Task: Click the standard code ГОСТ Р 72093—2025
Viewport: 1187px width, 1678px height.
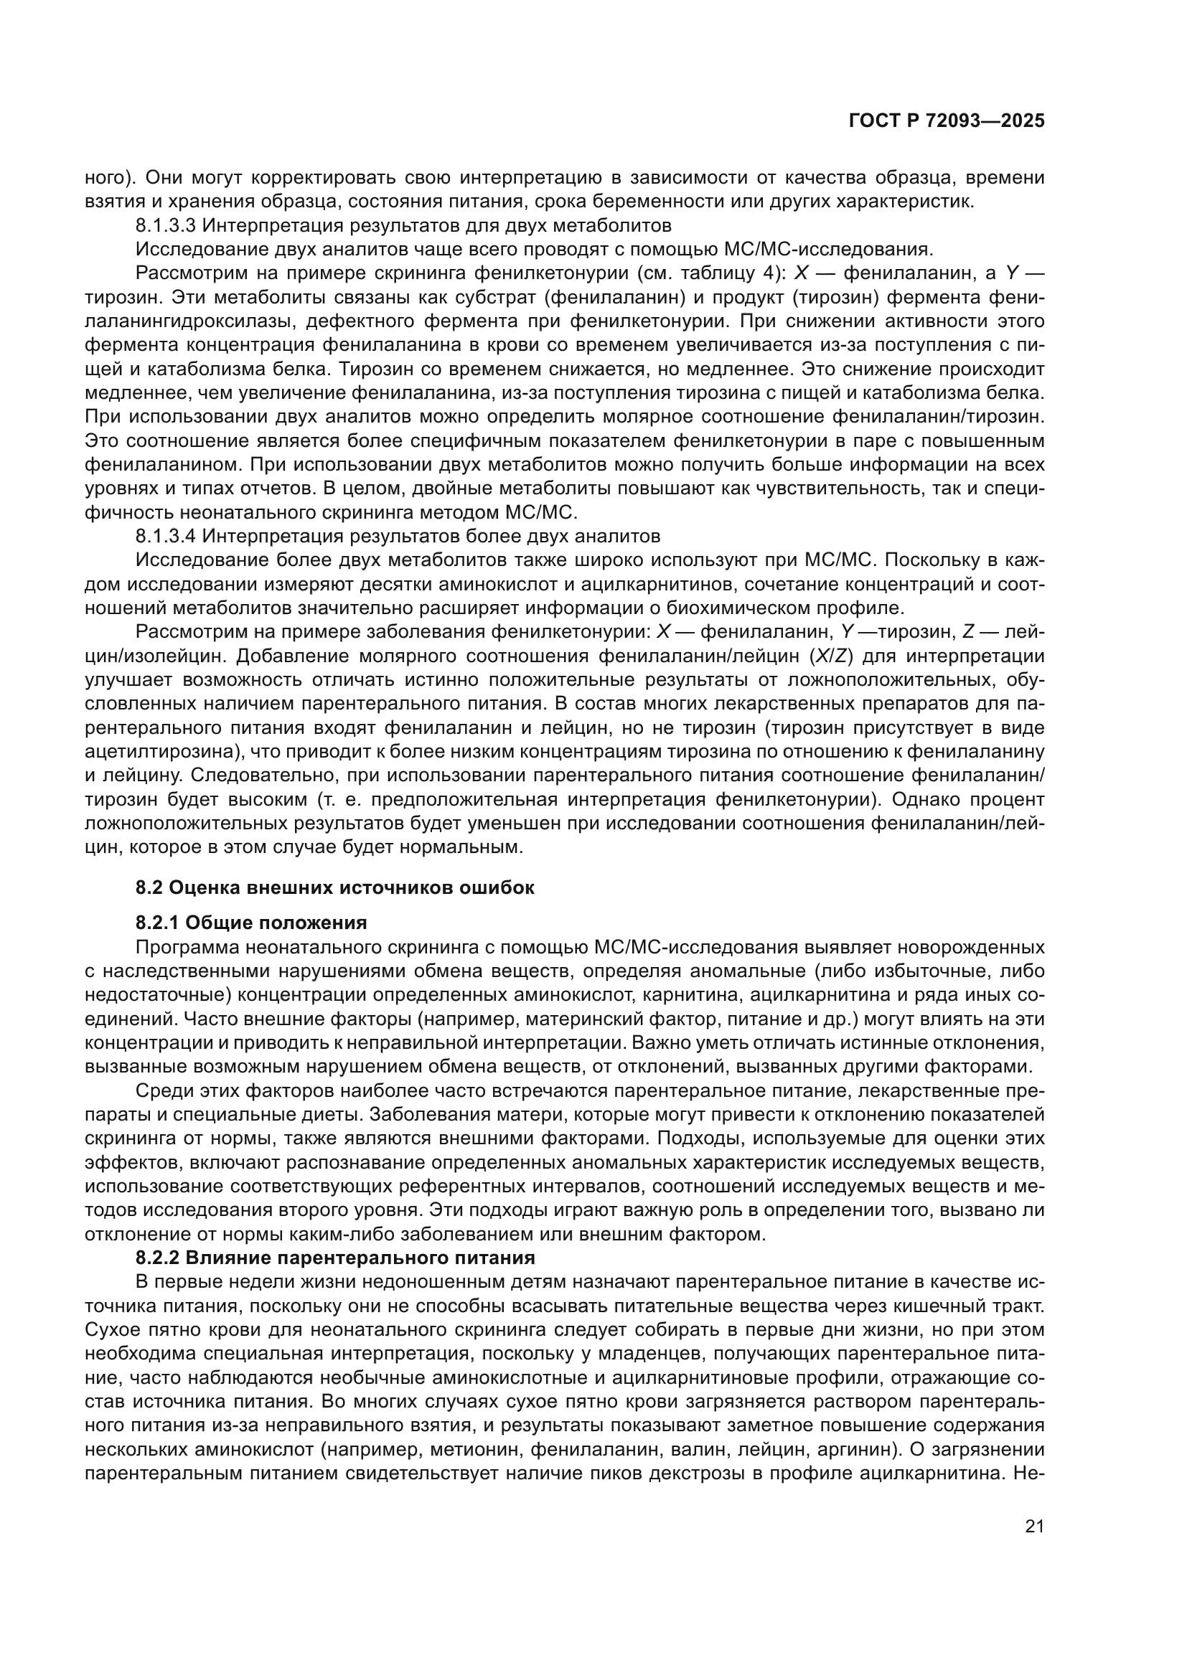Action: pyautogui.click(x=947, y=121)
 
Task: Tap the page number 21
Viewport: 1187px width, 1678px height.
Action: pyautogui.click(x=1034, y=1527)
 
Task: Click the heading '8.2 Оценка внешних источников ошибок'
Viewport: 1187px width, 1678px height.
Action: pyautogui.click(x=334, y=888)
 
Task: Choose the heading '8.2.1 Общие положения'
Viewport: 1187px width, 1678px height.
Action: pyautogui.click(x=250, y=923)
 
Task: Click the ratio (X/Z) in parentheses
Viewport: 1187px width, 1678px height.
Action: pyautogui.click(x=832, y=656)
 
